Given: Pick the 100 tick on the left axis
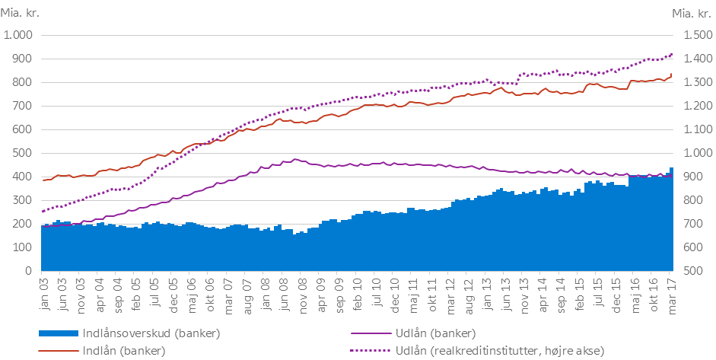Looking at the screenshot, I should pyautogui.click(x=24, y=247).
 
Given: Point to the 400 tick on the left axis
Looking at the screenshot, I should pyautogui.click(x=24, y=177).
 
